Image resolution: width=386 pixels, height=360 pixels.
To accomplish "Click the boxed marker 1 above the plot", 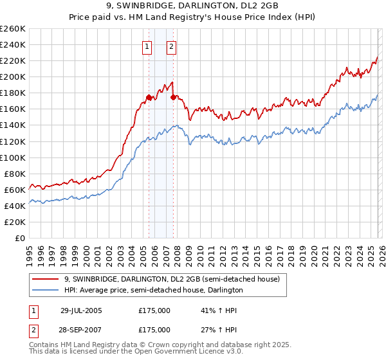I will pos(147,46).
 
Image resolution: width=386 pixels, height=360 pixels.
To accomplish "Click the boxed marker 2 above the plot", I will pos(172,46).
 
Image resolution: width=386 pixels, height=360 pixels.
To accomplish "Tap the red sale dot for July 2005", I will pos(149,97).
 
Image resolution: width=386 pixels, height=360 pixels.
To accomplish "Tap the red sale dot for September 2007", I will pos(174,97).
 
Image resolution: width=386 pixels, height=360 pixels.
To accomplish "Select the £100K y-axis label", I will pos(13,157).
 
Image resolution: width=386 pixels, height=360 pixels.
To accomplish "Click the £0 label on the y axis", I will pos(20,238).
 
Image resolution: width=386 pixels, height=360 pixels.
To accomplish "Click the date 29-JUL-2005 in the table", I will pos(82,310).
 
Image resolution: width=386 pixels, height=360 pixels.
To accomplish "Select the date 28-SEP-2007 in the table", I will pos(82,329).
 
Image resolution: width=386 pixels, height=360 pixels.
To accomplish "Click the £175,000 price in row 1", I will pos(154,310).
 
